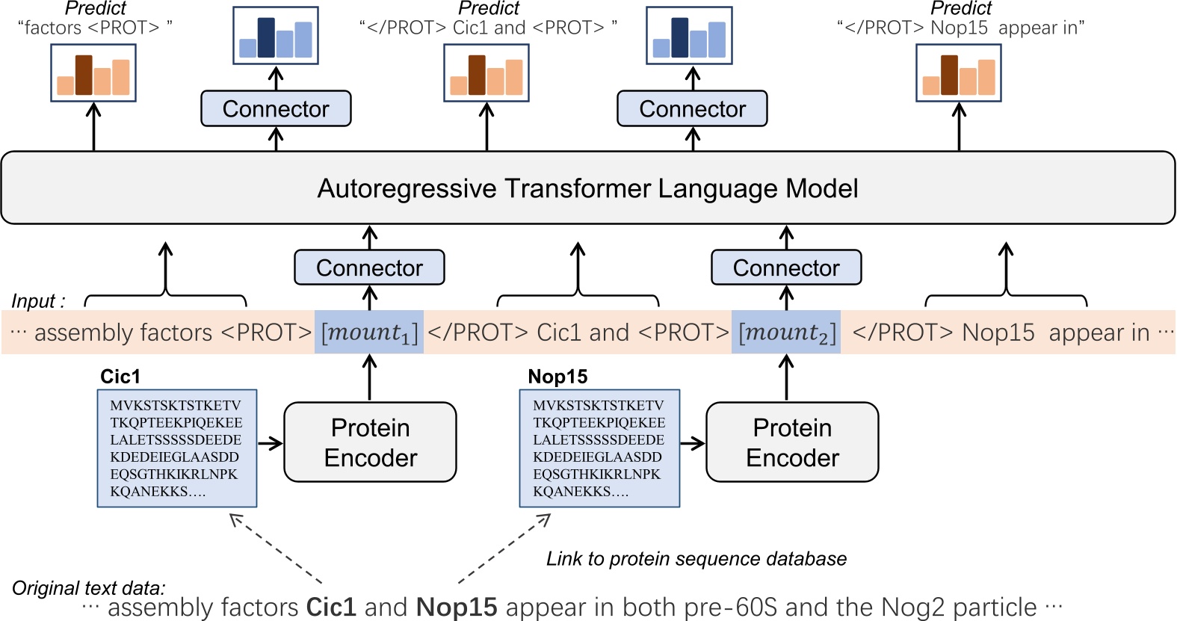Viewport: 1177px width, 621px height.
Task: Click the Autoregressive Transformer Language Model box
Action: [x=588, y=188]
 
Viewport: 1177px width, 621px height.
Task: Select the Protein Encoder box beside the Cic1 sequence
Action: [x=370, y=442]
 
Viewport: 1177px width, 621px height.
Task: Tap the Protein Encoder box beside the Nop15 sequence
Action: [x=792, y=442]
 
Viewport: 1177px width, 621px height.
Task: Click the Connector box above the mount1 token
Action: [x=369, y=268]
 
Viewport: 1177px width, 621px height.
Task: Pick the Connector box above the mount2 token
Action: [x=786, y=268]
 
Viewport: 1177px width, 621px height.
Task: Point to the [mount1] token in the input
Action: [x=369, y=332]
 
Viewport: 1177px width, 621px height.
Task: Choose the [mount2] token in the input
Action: [x=786, y=332]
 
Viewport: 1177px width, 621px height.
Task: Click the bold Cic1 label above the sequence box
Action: [x=120, y=377]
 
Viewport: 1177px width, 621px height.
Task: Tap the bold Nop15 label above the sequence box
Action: [x=557, y=377]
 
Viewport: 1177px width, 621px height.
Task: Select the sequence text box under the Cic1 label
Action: [x=177, y=448]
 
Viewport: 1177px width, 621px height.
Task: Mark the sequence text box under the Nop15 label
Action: [x=599, y=448]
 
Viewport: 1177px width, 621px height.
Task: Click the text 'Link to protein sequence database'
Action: [x=696, y=559]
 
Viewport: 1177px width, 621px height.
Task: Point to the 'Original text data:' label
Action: [x=89, y=588]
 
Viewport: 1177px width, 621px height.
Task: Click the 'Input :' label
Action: [x=38, y=301]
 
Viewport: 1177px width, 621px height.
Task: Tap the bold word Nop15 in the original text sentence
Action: [x=457, y=608]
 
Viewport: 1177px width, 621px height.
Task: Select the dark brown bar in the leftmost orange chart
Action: [x=84, y=75]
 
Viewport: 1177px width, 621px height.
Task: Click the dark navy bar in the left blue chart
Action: [x=266, y=38]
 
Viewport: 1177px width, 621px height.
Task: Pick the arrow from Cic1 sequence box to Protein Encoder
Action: [x=270, y=443]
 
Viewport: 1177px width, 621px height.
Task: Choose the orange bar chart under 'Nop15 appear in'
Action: [x=959, y=73]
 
